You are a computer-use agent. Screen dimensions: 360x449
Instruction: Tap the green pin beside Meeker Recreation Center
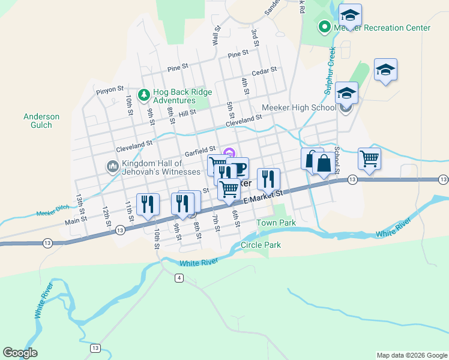(325, 27)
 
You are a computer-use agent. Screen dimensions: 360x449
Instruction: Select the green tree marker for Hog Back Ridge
(143, 95)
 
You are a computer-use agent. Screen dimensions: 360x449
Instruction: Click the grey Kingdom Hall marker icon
(112, 166)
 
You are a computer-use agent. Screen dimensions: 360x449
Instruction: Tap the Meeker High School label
(299, 108)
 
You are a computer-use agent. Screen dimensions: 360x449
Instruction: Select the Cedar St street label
(264, 71)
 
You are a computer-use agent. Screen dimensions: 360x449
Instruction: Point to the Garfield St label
(200, 150)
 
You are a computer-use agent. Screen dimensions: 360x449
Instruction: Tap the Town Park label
(276, 223)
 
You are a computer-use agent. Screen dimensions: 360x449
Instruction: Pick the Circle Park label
(261, 245)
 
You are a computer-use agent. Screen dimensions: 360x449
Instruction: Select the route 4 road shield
(179, 277)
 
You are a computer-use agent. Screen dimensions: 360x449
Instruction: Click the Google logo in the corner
(20, 352)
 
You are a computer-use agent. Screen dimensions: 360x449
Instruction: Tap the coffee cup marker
(237, 167)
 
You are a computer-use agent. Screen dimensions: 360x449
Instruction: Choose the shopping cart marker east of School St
(369, 159)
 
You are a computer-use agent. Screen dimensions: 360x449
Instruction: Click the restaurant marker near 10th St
(148, 204)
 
